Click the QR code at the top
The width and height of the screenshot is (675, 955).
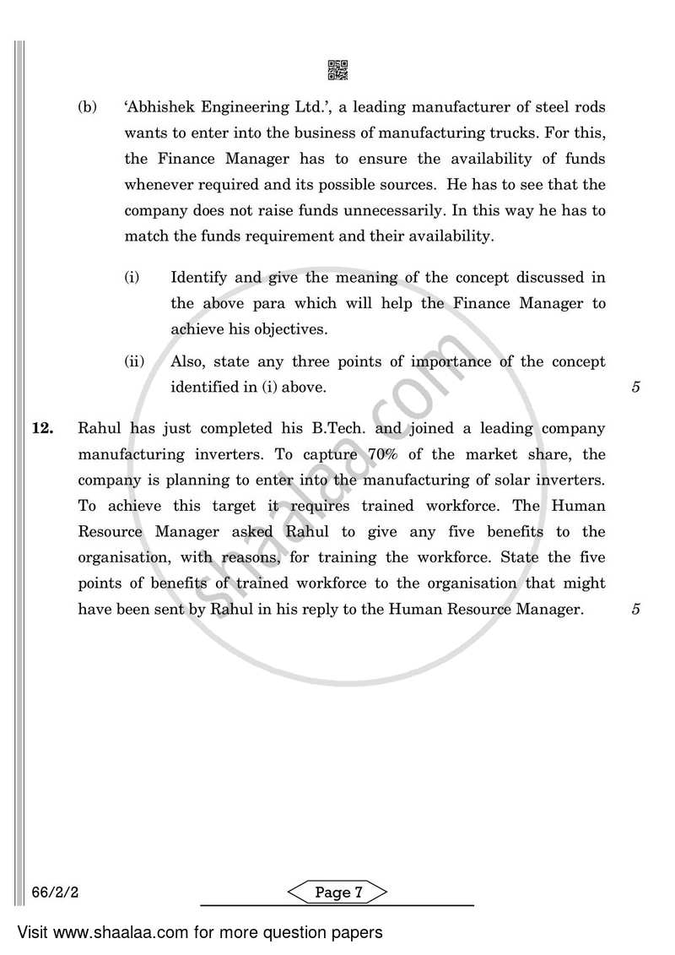(337, 70)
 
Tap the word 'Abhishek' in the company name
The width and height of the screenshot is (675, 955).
(164, 108)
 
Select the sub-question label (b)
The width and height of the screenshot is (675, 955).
(87, 108)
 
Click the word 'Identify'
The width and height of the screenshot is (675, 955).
(201, 277)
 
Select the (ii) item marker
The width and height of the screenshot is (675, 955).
(134, 361)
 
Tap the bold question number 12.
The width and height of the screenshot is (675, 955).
(43, 429)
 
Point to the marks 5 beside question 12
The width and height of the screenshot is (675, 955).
(635, 609)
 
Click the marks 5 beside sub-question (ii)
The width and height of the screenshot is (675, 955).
(635, 388)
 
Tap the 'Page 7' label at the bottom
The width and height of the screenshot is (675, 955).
(337, 893)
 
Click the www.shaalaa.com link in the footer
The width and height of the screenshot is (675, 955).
(108, 933)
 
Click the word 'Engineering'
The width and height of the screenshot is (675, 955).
(257, 108)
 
